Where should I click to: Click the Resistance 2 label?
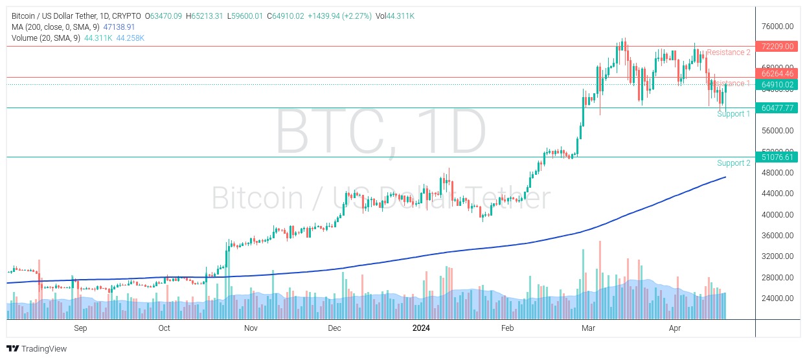click(728, 52)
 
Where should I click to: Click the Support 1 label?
click(733, 114)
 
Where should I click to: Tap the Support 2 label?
click(733, 163)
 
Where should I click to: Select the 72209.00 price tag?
click(778, 47)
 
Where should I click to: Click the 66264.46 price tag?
click(778, 74)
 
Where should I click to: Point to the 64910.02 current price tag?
click(778, 85)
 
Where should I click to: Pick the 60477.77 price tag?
click(778, 108)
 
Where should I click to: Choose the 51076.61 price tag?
click(778, 157)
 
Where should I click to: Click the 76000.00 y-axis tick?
click(778, 27)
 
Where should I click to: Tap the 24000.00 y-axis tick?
click(778, 298)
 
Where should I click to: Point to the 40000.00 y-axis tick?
click(778, 215)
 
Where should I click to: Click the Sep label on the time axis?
click(80, 328)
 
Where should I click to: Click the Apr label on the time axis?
click(674, 328)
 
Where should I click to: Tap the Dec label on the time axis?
click(334, 328)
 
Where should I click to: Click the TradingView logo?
click(37, 349)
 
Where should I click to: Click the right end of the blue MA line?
click(725, 177)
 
